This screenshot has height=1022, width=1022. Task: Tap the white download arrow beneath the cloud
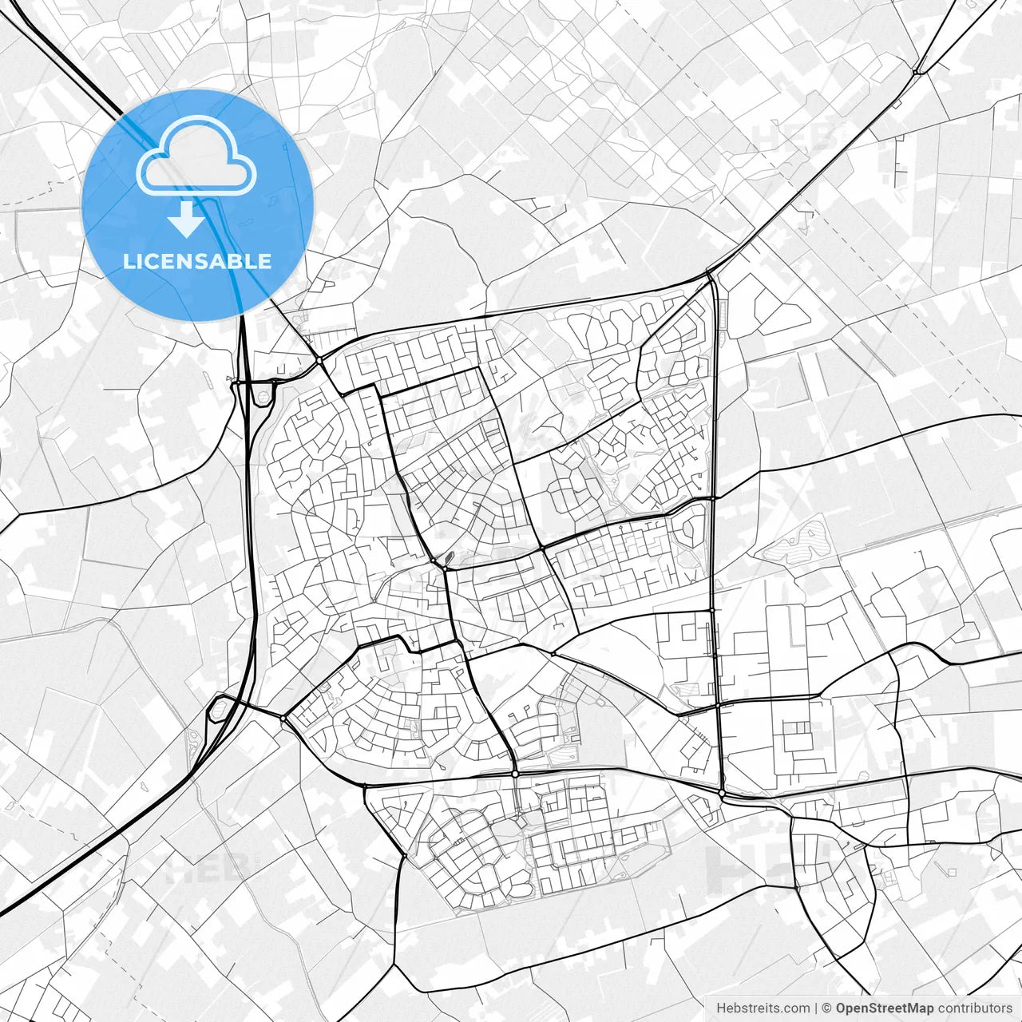[x=187, y=219]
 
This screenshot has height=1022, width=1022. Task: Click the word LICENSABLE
[x=197, y=261]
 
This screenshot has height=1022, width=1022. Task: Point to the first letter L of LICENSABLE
[x=128, y=261]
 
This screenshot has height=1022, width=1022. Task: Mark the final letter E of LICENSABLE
[x=265, y=261]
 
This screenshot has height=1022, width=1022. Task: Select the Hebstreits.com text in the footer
[x=763, y=1008]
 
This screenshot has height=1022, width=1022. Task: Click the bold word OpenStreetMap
[x=885, y=1008]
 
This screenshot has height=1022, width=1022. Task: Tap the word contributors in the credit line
[x=974, y=1008]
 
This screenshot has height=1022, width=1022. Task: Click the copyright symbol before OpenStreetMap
[x=827, y=1008]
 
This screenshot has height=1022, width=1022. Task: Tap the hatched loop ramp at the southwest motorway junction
[x=216, y=709]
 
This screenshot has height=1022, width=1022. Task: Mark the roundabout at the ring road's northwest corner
[x=319, y=361]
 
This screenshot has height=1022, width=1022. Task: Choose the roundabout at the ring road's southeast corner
[x=722, y=793]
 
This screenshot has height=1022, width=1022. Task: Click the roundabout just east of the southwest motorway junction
[x=283, y=719]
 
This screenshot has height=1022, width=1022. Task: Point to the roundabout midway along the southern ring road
[x=515, y=774]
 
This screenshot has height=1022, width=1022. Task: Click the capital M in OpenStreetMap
[x=908, y=1008]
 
